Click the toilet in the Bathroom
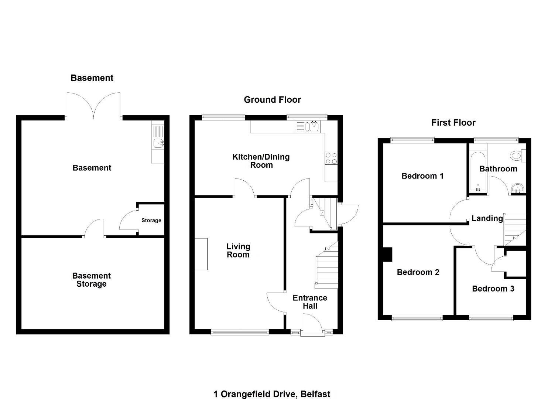pos(517,156)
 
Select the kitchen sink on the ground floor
pos(314,127)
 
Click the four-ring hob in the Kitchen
pos(331,158)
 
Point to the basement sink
pos(159,143)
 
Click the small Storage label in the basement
pos(151,220)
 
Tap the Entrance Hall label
pos(310,302)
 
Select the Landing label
pos(487,218)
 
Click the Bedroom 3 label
pos(493,289)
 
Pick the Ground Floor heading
pos(272,100)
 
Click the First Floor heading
pos(453,123)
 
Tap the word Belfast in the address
pos(315,394)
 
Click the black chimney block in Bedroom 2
pos(387,255)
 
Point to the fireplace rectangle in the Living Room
pos(201,254)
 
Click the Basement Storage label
pos(91,280)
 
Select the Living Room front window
pos(240,332)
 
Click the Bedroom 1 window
pos(412,140)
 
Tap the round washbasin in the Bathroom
pos(517,188)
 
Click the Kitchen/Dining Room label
pos(261,161)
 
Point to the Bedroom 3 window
pos(491,318)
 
